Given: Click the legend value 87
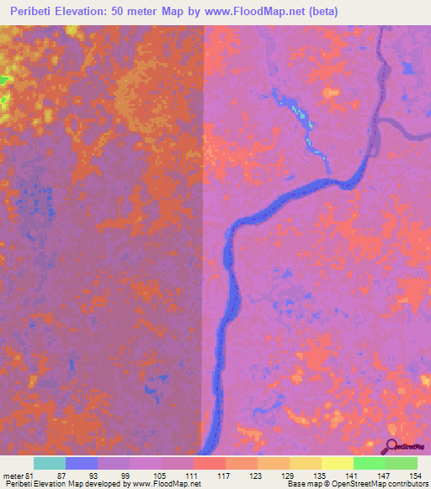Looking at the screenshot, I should (x=61, y=475).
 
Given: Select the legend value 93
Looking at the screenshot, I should (x=93, y=475).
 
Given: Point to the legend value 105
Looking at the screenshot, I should (x=157, y=475).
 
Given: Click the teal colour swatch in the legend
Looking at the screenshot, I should (x=50, y=463).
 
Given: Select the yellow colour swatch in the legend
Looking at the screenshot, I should (x=338, y=463).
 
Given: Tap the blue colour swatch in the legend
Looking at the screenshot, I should (x=82, y=463).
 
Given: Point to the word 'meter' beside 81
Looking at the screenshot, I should (x=13, y=475).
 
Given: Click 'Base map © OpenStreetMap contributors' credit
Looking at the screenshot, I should (x=356, y=484).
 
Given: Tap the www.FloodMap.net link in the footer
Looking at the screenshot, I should (x=165, y=484).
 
